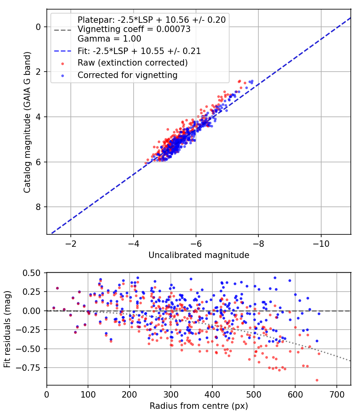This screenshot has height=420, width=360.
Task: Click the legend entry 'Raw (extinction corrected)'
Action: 132,63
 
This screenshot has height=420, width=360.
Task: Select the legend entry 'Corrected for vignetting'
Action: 127,75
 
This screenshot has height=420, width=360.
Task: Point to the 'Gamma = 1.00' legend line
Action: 109,39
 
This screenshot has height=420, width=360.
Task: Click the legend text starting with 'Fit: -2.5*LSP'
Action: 139,51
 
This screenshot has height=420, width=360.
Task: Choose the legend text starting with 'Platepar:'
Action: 152,20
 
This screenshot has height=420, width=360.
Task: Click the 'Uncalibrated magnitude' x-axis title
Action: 199,255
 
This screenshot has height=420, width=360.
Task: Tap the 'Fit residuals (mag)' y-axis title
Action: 7,329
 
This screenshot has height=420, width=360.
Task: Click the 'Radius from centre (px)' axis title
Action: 199,406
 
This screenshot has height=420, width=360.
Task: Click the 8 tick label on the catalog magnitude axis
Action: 38,207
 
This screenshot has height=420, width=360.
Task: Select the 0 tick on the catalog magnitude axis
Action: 38,27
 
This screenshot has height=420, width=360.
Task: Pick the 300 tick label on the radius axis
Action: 171,395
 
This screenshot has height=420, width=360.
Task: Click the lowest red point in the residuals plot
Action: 317,380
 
